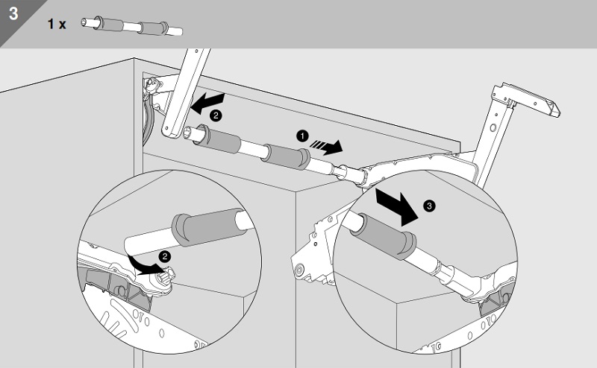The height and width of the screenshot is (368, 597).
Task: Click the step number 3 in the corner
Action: pyautogui.click(x=13, y=13)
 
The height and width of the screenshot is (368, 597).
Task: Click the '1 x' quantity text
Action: pyautogui.click(x=57, y=25)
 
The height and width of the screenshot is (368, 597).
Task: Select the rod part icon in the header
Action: pyautogui.click(x=132, y=26)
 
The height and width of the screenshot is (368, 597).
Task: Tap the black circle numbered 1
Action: pyautogui.click(x=302, y=136)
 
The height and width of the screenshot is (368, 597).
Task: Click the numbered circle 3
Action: pyautogui.click(x=430, y=206)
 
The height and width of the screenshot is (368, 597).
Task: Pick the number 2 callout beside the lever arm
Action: pyautogui.click(x=216, y=115)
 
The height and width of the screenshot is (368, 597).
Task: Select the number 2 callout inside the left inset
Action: pyautogui.click(x=165, y=257)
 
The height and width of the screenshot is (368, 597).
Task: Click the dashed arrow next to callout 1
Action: pyautogui.click(x=326, y=146)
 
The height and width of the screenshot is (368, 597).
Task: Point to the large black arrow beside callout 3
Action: pyautogui.click(x=397, y=206)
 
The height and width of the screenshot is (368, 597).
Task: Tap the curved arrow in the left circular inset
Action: pyautogui.click(x=144, y=265)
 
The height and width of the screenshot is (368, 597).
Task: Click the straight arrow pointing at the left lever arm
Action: pyautogui.click(x=207, y=103)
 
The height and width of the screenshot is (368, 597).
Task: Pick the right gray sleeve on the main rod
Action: pyautogui.click(x=287, y=156)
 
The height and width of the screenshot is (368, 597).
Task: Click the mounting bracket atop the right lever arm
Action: pyautogui.click(x=525, y=99)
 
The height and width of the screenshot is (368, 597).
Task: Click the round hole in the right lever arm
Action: pyautogui.click(x=493, y=128)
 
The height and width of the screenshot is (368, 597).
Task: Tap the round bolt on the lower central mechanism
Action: pyautogui.click(x=300, y=270)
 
